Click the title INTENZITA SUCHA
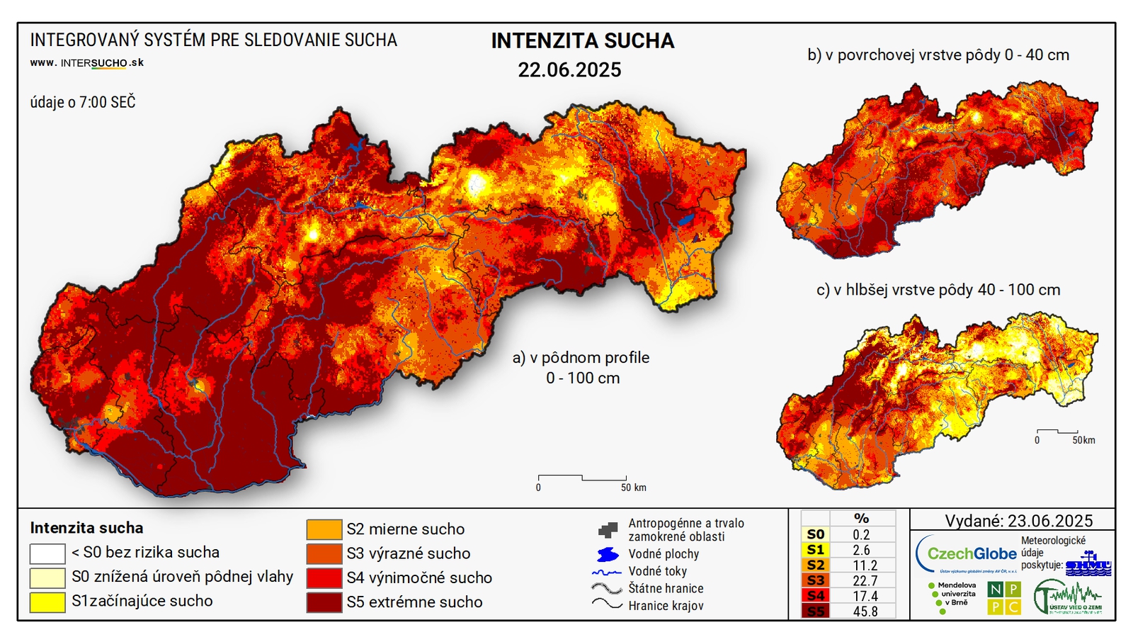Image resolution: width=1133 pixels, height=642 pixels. coord(582,41)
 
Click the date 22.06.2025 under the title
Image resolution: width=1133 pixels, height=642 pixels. coord(569,69)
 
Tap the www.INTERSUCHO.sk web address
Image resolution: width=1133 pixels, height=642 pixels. coord(86,62)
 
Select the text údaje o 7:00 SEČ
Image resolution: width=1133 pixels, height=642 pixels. coord(82,102)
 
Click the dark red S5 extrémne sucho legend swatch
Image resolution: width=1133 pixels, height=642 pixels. coord(324,602)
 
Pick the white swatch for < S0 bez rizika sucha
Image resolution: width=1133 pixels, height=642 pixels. coord(47,553)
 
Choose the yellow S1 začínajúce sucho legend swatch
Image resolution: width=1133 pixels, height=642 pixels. coord(47,602)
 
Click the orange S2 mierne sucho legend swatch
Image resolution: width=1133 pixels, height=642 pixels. coord(324,529)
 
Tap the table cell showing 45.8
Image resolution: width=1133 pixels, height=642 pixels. coord(865,611)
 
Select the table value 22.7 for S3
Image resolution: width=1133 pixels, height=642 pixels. coord(865,580)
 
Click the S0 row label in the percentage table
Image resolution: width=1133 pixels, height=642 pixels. coord(816,534)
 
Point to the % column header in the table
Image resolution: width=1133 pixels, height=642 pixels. coord(862,518)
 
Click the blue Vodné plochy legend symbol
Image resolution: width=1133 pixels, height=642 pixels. coord(608,554)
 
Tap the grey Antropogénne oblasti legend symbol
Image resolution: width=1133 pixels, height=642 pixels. coord(608,529)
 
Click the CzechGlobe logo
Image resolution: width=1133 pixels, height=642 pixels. coord(966,553)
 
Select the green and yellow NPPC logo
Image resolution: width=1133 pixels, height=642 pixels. coord(1004,598)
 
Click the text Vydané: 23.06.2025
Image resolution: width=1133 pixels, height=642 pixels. coord(1018,521)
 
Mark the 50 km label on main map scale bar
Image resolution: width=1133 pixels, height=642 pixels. coord(633,488)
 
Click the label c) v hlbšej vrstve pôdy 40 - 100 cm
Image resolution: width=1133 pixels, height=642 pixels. coord(938,290)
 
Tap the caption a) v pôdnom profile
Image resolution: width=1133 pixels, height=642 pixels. coord(581,358)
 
